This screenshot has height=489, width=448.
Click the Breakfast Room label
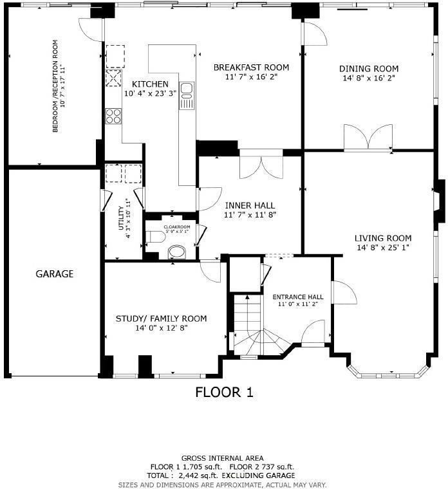click(x=251, y=68)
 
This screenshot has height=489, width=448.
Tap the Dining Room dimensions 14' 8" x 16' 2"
click(x=368, y=78)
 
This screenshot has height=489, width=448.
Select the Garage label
click(x=54, y=273)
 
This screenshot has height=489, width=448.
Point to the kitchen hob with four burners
click(x=114, y=116)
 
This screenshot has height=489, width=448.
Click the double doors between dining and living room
click(x=368, y=138)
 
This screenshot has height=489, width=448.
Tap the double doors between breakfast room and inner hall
click(x=260, y=167)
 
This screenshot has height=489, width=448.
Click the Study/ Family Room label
click(x=161, y=318)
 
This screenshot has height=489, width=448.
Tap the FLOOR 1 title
click(x=225, y=392)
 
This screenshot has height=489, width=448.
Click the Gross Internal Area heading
click(x=222, y=458)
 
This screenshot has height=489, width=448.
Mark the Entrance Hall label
click(x=297, y=297)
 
